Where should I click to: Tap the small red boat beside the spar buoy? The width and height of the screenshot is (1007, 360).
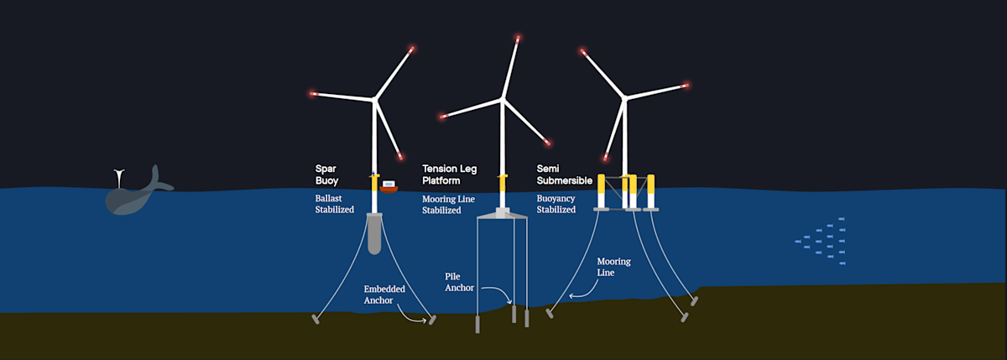coord(389,186)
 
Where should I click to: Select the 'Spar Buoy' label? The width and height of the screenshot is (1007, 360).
coord(326,174)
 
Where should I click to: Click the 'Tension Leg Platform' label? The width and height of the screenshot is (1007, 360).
coord(449,175)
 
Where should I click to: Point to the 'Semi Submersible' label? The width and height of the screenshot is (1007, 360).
coord(564,174)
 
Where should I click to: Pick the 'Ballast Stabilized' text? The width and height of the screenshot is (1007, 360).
coord(334,204)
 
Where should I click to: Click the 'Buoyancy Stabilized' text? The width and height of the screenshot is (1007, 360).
coord(556,204)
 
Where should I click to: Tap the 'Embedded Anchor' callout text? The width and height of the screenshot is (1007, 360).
coord(384,294)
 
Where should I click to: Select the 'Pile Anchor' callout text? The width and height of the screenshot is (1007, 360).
coord(459,282)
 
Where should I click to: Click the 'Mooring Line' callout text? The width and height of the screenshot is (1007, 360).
coord(613,267)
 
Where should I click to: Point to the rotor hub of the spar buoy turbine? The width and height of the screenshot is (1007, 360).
coord(374,100)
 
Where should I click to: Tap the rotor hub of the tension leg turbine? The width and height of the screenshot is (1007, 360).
coord(503,100)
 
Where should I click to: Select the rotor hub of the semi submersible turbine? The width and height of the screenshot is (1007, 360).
coord(625,99)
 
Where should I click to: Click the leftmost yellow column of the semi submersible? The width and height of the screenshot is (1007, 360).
coord(601,192)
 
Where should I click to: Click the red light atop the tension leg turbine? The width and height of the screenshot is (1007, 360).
coord(518,38)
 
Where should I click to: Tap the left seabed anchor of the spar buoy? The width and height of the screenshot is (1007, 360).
coord(316,319)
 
